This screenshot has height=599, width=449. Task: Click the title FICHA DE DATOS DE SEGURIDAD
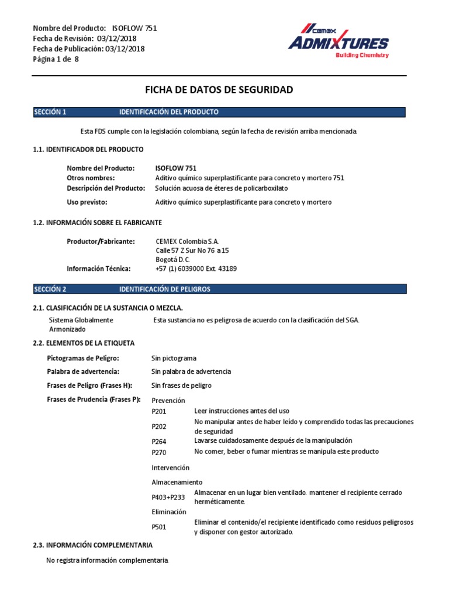point(219,89)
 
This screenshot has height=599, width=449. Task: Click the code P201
point(159,412)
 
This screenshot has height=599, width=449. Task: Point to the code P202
point(159,427)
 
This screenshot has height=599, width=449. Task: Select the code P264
point(159,442)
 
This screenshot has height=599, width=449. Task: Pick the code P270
point(159,452)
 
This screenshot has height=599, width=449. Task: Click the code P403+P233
point(168,497)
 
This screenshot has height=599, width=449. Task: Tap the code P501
point(159,527)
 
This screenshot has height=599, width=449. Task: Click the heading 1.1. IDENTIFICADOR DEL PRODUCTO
point(88,150)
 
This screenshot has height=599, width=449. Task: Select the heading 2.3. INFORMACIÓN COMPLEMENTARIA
point(93,545)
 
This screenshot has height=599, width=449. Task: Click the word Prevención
point(168,400)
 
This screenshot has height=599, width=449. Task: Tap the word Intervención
point(170,468)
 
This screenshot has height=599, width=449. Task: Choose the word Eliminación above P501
point(169,512)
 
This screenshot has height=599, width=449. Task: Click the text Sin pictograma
point(174,358)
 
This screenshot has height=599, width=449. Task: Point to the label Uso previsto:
point(87,202)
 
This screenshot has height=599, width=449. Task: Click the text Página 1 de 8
point(56,58)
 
